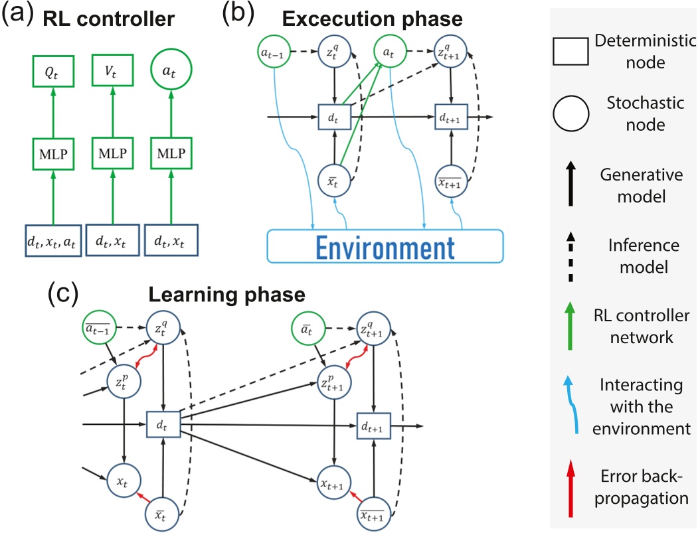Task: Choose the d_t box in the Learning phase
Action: pyautogui.click(x=163, y=423)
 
